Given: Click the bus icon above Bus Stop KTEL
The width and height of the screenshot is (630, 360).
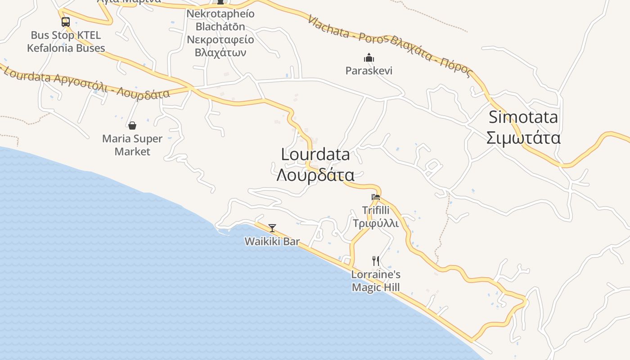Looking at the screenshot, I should coord(66,22).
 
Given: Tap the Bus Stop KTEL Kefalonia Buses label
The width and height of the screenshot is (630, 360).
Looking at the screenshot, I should coord(66,41).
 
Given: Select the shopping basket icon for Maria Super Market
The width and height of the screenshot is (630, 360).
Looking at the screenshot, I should coord(132,126).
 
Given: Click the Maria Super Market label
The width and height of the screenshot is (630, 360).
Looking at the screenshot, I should coord(132,145).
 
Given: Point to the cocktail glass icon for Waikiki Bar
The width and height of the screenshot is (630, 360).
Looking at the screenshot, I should coord(272,228).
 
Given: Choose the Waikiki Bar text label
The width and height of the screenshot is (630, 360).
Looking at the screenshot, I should coord(272,241).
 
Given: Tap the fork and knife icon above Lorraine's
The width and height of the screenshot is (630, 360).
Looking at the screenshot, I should coord(376,261).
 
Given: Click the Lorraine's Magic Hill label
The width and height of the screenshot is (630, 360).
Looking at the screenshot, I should coord(376,281).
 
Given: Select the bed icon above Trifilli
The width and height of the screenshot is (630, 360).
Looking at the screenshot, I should coord(376,197).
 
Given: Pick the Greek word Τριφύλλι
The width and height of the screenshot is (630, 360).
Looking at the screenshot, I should coord(376,223).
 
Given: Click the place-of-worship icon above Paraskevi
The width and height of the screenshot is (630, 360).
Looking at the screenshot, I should coord(369,58).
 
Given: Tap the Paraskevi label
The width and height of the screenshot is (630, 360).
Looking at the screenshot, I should coord(369,71).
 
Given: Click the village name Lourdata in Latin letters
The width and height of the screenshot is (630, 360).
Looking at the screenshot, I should coord(315,154).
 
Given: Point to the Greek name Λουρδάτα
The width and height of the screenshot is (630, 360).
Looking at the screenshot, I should coord(315,175).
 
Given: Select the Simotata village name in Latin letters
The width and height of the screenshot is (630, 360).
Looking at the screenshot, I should coord(523,117).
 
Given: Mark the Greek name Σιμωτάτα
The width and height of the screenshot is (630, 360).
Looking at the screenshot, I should coord(523,138).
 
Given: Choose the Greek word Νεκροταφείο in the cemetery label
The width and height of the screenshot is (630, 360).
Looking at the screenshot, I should coord(220,40).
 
